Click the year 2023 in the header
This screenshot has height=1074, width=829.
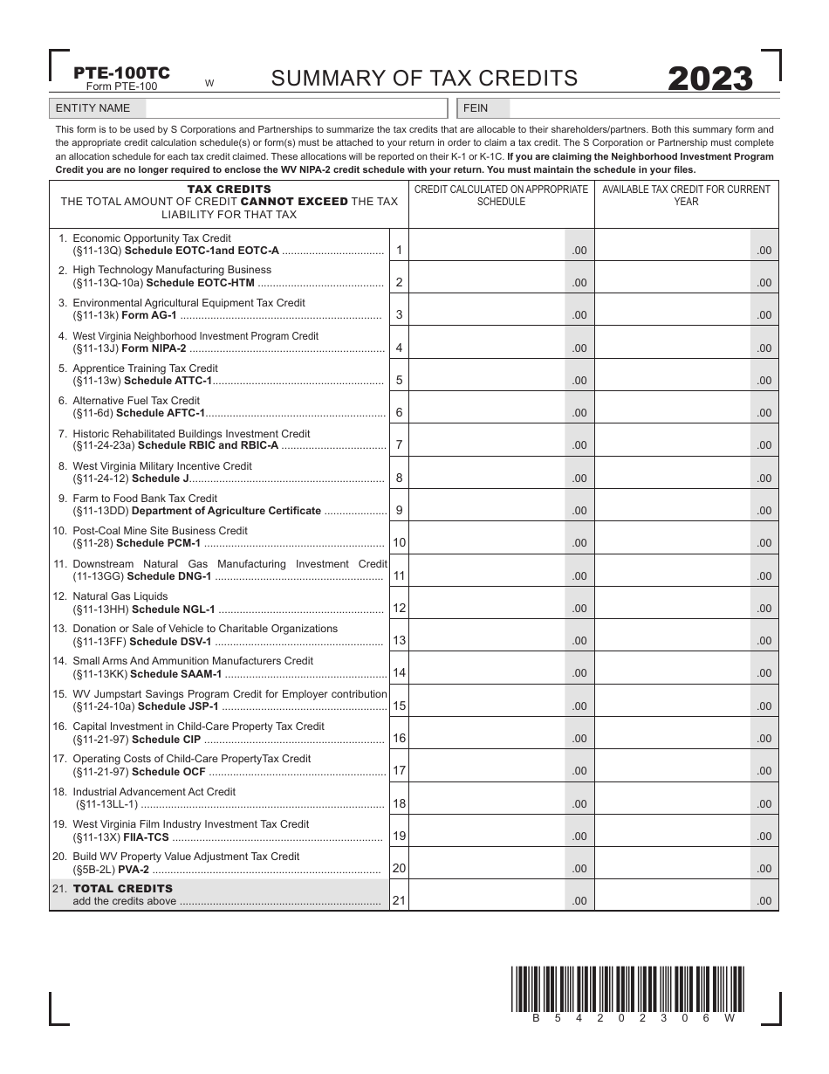[x=709, y=79]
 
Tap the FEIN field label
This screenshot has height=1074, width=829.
[x=476, y=108]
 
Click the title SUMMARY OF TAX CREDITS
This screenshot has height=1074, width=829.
[x=424, y=79]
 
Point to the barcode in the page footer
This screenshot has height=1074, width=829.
[x=627, y=988]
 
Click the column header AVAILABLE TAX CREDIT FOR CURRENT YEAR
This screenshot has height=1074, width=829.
[x=686, y=195]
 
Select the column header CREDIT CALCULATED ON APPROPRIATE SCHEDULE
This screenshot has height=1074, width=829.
[x=501, y=195]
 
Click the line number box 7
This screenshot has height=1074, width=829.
[x=399, y=445]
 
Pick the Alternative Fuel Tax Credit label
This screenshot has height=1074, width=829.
[x=136, y=401]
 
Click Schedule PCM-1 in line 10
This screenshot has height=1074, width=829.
[x=158, y=543]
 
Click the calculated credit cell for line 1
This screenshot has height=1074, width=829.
[x=487, y=245]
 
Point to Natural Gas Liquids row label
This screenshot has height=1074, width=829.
[x=120, y=596]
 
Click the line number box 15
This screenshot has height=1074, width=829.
[x=399, y=706]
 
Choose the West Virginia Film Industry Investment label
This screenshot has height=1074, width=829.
[x=190, y=824]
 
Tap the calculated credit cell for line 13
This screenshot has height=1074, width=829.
[x=487, y=635]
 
